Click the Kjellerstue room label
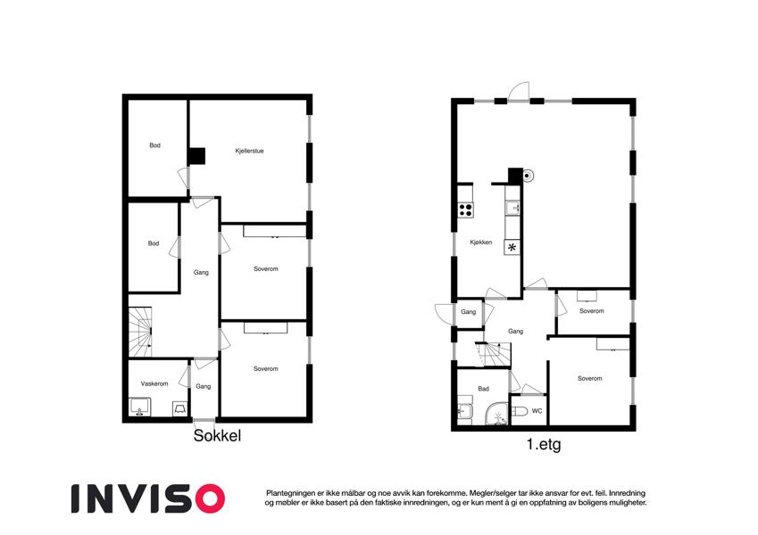pyautogui.click(x=249, y=151)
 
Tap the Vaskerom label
pyautogui.click(x=154, y=384)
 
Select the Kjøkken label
pyautogui.click(x=481, y=243)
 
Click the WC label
pyautogui.click(x=537, y=411)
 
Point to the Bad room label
pyautogui.click(x=483, y=389)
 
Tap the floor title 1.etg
pyautogui.click(x=544, y=444)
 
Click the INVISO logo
pyautogui.click(x=148, y=498)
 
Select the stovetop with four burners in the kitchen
pyautogui.click(x=465, y=210)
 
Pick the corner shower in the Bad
pyautogui.click(x=496, y=415)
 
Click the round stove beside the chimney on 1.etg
pyautogui.click(x=528, y=176)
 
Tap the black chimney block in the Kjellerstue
pyautogui.click(x=196, y=156)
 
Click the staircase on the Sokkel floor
pyautogui.click(x=140, y=333)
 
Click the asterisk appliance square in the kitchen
pyautogui.click(x=512, y=248)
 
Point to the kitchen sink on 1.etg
pyautogui.click(x=512, y=208)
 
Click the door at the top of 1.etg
pyautogui.click(x=519, y=92)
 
